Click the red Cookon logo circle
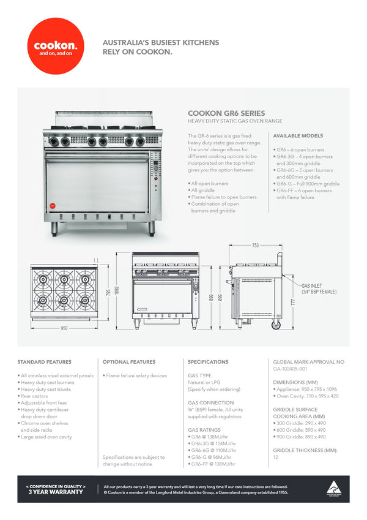click(x=56, y=46)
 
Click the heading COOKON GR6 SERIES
click(x=226, y=113)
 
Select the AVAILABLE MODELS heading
click(x=298, y=135)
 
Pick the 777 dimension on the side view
click(x=293, y=302)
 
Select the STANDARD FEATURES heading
click(x=44, y=362)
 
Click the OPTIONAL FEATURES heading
click(x=129, y=362)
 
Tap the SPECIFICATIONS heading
click(x=208, y=362)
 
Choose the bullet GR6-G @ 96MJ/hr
click(x=211, y=457)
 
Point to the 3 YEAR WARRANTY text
click(x=55, y=491)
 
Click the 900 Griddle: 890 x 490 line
click(x=300, y=437)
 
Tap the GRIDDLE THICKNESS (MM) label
click(x=305, y=450)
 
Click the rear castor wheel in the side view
click(x=275, y=324)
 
